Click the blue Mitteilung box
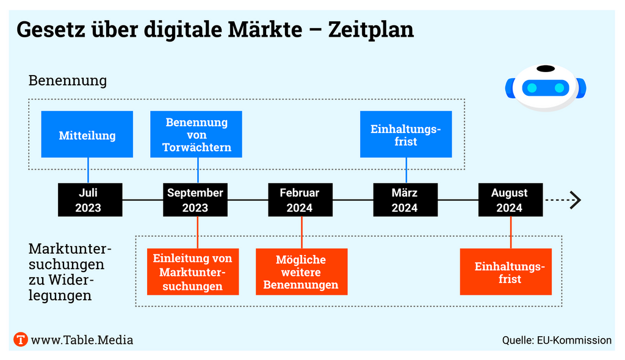tap(87, 134)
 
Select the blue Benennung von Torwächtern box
tap(196, 134)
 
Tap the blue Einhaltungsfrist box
tap(406, 134)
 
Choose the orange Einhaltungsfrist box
tap(506, 272)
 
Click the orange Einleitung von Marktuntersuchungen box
tap(193, 272)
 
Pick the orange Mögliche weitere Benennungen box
tap(302, 272)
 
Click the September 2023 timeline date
tap(195, 200)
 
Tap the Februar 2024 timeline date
tap(300, 200)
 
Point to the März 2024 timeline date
tap(405, 200)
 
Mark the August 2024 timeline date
tap(511, 200)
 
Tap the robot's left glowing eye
tap(532, 88)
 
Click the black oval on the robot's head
tap(546, 68)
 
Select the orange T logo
tap(21, 340)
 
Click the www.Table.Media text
tap(82, 340)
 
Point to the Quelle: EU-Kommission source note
tap(557, 340)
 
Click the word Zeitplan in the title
tap(371, 29)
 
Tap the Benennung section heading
tap(67, 80)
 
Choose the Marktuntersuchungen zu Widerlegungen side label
tap(70, 272)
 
